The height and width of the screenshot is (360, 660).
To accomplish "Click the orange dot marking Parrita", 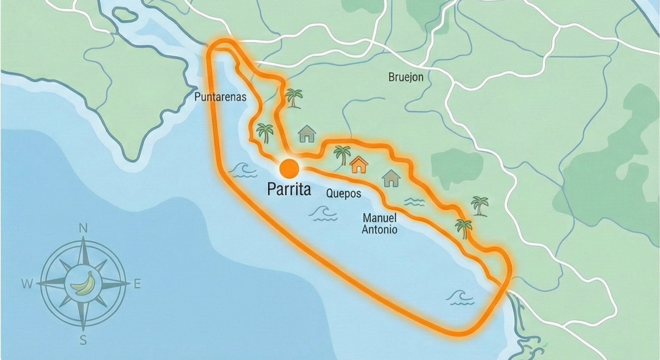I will tap(289, 169).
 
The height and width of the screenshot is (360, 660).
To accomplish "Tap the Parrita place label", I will tap(289, 189).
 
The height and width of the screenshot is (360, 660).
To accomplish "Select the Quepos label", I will tap(343, 193).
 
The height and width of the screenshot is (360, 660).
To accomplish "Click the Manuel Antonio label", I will tap(379, 223).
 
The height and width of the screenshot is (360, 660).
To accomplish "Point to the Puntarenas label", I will tap(220, 97).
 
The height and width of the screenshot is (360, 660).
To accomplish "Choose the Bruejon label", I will tap(406, 77).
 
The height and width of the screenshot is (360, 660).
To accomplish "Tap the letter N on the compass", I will tap(83, 229).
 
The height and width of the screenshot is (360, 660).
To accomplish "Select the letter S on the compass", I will tap(83, 340).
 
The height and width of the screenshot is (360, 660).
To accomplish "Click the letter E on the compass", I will tap(137, 284).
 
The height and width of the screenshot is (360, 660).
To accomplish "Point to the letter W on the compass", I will tap(27, 284).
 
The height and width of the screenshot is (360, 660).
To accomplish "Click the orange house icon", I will tap(358, 164).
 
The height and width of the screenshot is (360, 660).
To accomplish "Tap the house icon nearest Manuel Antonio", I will tap(391, 178).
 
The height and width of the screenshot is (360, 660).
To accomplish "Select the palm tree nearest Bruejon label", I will tap(294, 98).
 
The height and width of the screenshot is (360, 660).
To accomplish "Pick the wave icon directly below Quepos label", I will tap(323, 214).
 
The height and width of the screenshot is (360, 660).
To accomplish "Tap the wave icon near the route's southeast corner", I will tap(461, 298).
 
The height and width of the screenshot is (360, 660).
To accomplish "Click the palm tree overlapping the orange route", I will tap(464, 228).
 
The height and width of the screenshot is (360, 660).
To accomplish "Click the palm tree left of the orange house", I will tap(342, 155).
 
